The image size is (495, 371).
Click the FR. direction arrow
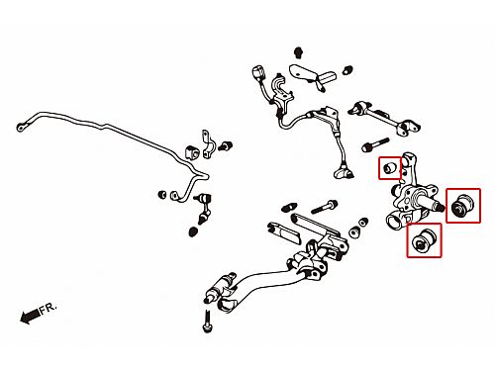coord(30,317)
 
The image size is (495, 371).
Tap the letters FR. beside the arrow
coord(49,308)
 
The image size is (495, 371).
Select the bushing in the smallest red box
coord(391,167)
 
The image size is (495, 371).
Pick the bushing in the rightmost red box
coord(463,206)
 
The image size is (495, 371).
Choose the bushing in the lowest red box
coord(425,240)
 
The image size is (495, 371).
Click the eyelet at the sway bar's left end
coord(21,127)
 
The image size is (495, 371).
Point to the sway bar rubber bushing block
coord(192,152)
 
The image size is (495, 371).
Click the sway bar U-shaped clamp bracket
coord(208,145)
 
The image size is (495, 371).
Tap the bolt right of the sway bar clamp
coord(226,145)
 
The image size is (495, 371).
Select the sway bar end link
coord(204,209)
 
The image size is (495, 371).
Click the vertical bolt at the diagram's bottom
coord(207,322)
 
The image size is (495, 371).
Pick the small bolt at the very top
coord(298,52)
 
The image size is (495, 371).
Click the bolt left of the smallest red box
coord(375,144)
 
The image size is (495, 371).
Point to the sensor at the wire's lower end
coord(344,172)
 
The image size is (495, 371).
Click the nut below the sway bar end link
coord(193,232)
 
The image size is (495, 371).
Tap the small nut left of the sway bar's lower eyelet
coord(162,194)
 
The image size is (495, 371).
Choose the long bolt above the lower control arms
coord(324,207)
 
